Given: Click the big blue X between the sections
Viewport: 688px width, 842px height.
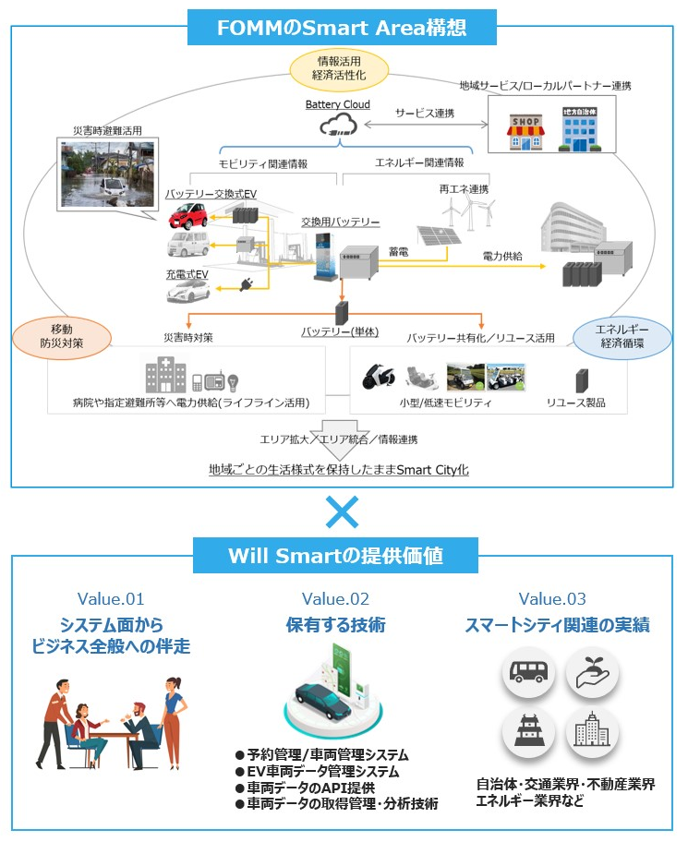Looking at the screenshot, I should click(344, 511).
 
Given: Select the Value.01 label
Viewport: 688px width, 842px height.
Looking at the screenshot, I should click(110, 599).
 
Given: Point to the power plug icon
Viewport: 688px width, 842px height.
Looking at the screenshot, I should click(247, 285).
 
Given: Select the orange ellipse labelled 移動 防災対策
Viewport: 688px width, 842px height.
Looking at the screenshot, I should click(61, 336).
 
